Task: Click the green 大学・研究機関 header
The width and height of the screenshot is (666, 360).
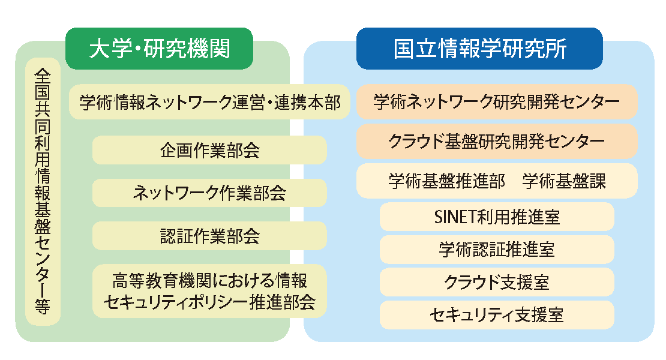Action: pyautogui.click(x=159, y=49)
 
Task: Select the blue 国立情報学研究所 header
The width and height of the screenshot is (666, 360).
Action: pyautogui.click(x=479, y=49)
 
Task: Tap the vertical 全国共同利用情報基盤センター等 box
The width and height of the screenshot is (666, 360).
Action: pyautogui.click(x=43, y=191)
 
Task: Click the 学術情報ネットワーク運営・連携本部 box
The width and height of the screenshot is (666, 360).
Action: pyautogui.click(x=209, y=102)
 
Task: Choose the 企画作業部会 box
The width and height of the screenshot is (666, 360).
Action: pyautogui.click(x=209, y=150)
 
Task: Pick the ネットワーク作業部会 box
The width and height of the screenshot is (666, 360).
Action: pyautogui.click(x=209, y=193)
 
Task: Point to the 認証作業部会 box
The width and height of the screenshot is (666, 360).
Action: pyautogui.click(x=209, y=236)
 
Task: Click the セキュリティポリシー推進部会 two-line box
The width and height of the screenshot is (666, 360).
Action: pyautogui.click(x=209, y=291)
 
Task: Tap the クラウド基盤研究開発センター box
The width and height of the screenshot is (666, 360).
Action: pyautogui.click(x=497, y=142)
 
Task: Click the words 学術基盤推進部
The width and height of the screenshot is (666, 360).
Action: pyautogui.click(x=447, y=181)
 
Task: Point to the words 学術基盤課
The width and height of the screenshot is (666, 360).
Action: pyautogui.click(x=564, y=181)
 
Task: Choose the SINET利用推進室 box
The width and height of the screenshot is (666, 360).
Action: pyautogui.click(x=497, y=217)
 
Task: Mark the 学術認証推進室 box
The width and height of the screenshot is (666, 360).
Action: pyautogui.click(x=497, y=249)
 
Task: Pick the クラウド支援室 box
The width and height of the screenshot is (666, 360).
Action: pyautogui.click(x=497, y=282)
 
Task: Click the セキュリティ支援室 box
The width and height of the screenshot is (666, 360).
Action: pyautogui.click(x=497, y=314)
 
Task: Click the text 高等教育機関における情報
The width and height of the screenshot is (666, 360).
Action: pyautogui.click(x=209, y=281)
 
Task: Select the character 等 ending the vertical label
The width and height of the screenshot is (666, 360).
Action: pyautogui.click(x=43, y=306)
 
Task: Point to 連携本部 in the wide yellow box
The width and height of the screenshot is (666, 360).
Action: pyautogui.click(x=307, y=103)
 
